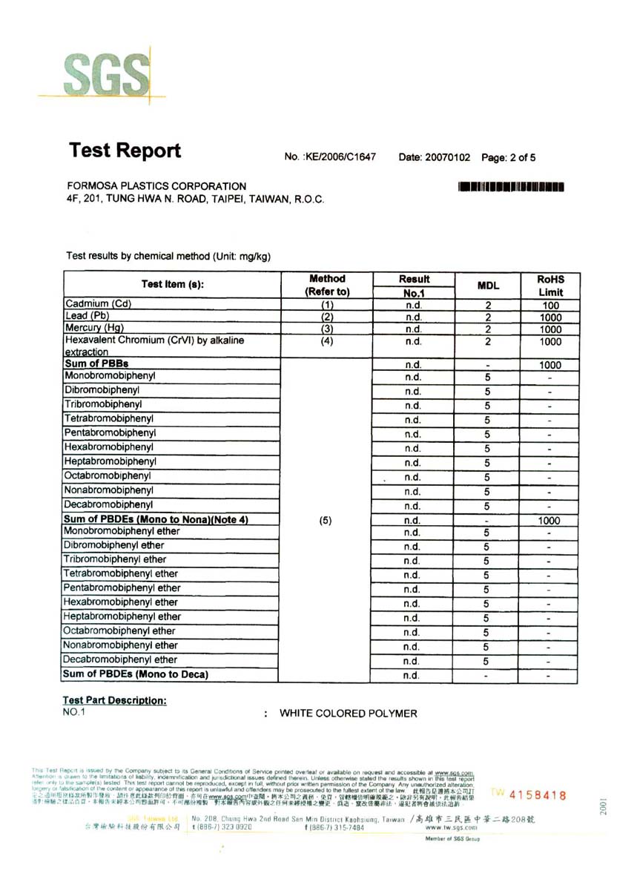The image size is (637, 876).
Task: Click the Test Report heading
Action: (x=125, y=151)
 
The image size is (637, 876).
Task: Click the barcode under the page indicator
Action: (x=512, y=187)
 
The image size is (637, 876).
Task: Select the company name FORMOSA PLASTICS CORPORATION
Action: (x=156, y=186)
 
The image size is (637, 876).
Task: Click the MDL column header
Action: (x=487, y=286)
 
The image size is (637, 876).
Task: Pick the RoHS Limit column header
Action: (x=550, y=286)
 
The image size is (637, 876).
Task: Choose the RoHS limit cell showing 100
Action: (x=550, y=305)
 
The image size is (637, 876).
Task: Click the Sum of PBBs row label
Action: (x=96, y=364)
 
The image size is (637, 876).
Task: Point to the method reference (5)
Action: (x=325, y=521)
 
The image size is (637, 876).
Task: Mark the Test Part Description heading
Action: (x=115, y=700)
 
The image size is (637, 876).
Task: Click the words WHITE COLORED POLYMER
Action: (x=348, y=714)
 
